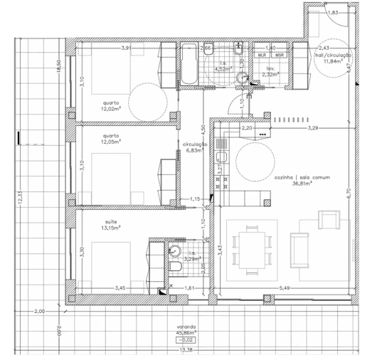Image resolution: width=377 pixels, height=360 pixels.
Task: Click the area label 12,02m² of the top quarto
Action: pos(110,110)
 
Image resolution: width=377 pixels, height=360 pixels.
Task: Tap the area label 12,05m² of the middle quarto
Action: pos(110,141)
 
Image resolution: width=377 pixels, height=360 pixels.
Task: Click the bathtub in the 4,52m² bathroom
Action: pos(188,66)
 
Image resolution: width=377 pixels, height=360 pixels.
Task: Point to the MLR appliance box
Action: pos(262,55)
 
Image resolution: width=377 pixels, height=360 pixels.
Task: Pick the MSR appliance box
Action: pos(279,55)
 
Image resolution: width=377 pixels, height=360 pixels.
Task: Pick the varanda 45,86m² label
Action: pos(186,332)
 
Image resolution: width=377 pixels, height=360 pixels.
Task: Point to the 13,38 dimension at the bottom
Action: pos(186,350)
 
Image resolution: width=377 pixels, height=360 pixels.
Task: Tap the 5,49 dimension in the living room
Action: pos(285,287)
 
